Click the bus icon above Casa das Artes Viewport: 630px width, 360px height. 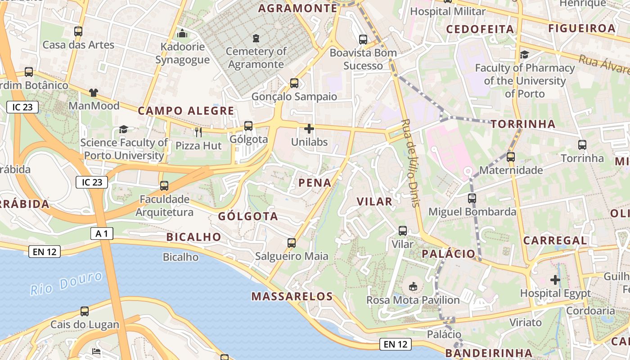pyautogui.click(x=78, y=31)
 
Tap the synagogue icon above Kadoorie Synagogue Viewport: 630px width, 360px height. pyautogui.click(x=182, y=33)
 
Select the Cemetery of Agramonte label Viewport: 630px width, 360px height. pyautogui.click(x=256, y=58)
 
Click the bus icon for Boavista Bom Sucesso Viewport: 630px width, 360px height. pyautogui.click(x=363, y=40)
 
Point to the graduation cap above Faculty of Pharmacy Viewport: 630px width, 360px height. pyautogui.click(x=524, y=55)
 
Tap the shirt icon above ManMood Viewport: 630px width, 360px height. pyautogui.click(x=94, y=93)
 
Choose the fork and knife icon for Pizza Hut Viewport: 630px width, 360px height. pyautogui.click(x=198, y=132)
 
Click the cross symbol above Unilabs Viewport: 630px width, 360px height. pyautogui.click(x=309, y=129)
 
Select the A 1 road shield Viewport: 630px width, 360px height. pyautogui.click(x=102, y=233)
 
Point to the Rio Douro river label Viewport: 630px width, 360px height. pyautogui.click(x=66, y=283)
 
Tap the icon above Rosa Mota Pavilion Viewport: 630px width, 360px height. pyautogui.click(x=413, y=286)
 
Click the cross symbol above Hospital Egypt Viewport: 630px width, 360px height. pyautogui.click(x=555, y=280)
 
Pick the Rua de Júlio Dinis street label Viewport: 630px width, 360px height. pyautogui.click(x=410, y=163)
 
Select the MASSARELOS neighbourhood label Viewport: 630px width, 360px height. pyautogui.click(x=292, y=296)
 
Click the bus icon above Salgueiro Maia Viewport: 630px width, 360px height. pyautogui.click(x=292, y=243)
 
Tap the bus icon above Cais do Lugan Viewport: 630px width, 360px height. pyautogui.click(x=85, y=311)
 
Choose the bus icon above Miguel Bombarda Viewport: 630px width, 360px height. pyautogui.click(x=472, y=198)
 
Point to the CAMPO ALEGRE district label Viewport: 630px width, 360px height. pyautogui.click(x=186, y=111)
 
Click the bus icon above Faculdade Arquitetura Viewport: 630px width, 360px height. pyautogui.click(x=164, y=186)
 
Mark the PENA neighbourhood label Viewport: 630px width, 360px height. pyautogui.click(x=315, y=183)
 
